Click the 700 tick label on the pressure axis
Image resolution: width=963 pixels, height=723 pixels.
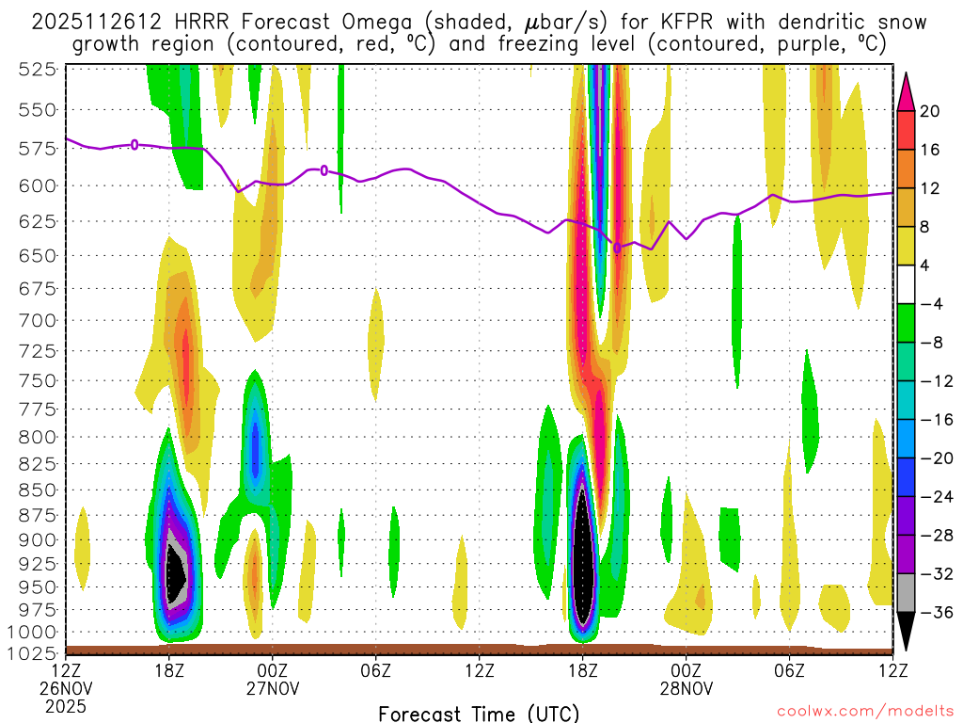coord(37,320)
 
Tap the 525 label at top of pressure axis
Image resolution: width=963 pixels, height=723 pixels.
coord(37,69)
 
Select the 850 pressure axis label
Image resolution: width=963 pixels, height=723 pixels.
coord(37,490)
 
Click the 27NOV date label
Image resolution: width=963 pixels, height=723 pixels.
coord(273,689)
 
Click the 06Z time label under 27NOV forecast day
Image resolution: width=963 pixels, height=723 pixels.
coord(376,671)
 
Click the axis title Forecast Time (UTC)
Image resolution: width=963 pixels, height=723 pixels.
coord(479,713)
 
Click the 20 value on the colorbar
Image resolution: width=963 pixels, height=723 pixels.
coord(931,111)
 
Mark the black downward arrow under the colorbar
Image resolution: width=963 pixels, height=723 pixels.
coord(907,631)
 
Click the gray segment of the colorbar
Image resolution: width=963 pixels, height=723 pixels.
coord(907,593)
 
